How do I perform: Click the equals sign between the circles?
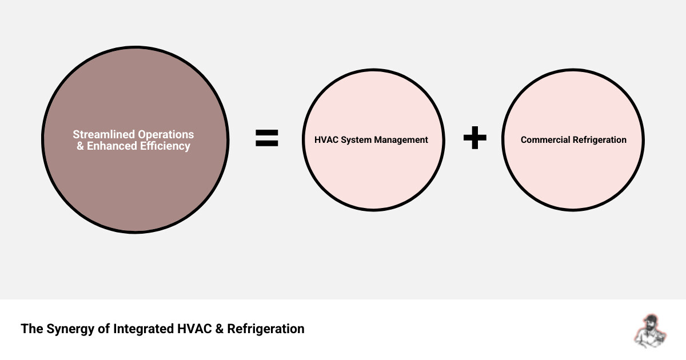point(266,138)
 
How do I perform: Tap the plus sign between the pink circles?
point(474,138)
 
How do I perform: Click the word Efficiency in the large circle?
point(165,146)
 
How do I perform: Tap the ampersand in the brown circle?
point(80,146)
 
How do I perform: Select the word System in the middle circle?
point(357,140)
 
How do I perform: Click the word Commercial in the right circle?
point(544,140)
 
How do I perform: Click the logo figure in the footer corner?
point(648,331)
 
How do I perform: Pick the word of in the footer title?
point(102,329)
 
